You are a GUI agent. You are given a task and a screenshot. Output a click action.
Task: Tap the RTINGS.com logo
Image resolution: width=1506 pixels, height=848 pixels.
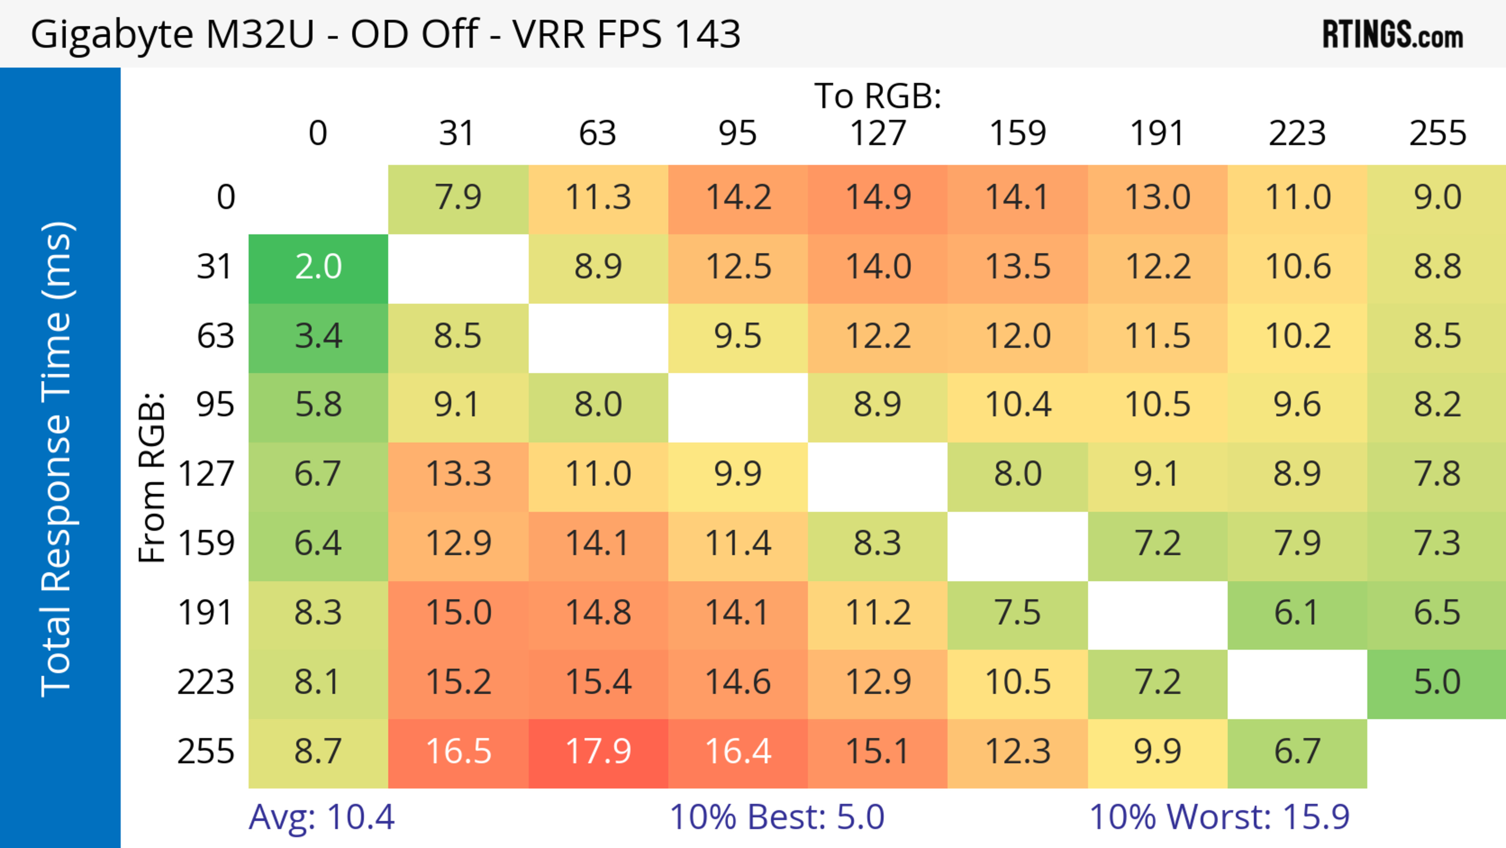tap(1393, 35)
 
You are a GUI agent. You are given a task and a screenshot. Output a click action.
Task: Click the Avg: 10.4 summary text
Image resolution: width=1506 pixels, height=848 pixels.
tap(322, 817)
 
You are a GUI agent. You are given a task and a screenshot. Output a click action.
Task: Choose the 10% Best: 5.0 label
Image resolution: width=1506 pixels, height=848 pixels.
tap(777, 817)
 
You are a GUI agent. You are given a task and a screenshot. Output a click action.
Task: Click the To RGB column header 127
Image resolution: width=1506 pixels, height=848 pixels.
tap(878, 133)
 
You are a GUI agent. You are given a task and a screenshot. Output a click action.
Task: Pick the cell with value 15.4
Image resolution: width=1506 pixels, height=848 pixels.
tap(598, 682)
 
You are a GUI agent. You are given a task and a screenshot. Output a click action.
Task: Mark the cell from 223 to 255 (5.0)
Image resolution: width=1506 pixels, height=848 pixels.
tap(1437, 682)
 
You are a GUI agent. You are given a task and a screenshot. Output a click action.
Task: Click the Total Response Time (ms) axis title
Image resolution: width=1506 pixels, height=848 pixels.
tap(57, 459)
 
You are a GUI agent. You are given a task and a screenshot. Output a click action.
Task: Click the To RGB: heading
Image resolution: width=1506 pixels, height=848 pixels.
tap(878, 95)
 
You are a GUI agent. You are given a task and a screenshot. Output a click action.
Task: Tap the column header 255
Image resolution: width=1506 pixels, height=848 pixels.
tap(1437, 133)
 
